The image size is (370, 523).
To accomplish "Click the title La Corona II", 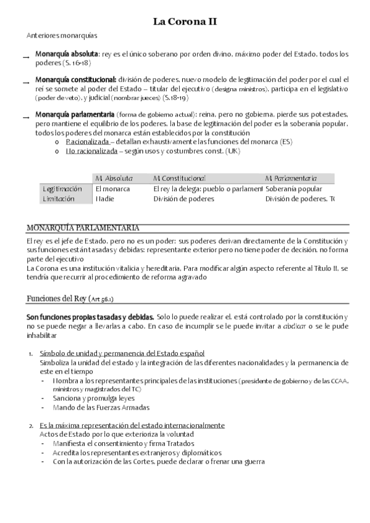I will click(x=185, y=23).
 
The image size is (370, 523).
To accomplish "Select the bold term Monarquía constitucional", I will click(x=75, y=80).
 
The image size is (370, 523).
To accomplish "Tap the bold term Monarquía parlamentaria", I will click(x=74, y=115).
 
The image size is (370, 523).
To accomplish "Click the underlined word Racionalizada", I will click(x=87, y=142).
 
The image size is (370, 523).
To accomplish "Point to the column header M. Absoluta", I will click(x=114, y=178).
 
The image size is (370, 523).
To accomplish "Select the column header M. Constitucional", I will click(x=179, y=178).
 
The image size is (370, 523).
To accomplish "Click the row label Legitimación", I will click(x=62, y=189).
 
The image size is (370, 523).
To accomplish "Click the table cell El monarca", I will click(x=112, y=189).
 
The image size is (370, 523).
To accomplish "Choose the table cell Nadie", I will click(x=105, y=199).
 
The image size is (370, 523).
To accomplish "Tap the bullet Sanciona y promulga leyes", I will click(x=93, y=398).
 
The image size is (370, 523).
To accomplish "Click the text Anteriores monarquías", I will click(x=62, y=36).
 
